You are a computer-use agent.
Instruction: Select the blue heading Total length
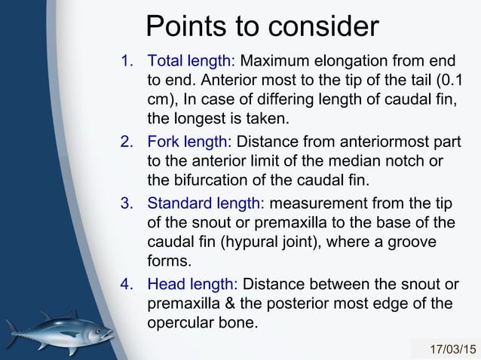tap(191, 61)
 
